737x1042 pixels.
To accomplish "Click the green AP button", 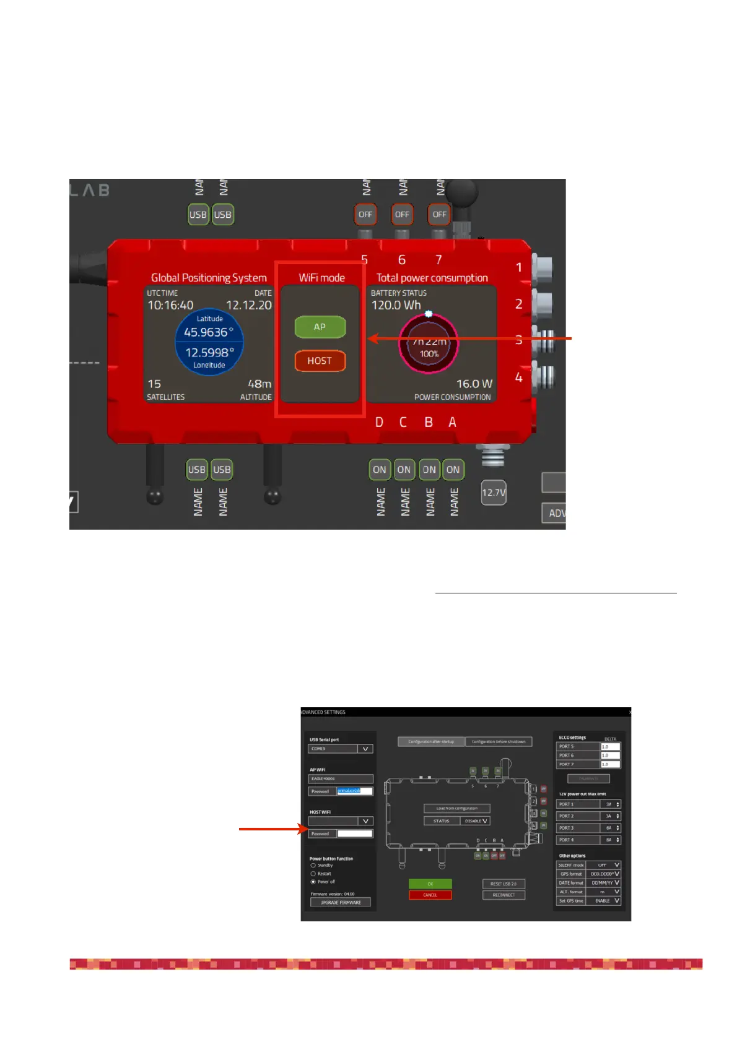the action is point(320,327).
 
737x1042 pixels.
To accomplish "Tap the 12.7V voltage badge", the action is point(494,493).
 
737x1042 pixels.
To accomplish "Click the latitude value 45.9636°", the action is point(209,332).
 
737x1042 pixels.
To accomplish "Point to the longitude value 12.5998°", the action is point(210,353).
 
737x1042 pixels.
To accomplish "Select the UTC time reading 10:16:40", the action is point(170,305).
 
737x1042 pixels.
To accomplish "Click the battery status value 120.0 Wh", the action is point(396,305).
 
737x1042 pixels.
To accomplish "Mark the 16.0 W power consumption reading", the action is point(474,384).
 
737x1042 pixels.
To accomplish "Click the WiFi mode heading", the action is point(321,278).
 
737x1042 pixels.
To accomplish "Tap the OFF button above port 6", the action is point(402,215).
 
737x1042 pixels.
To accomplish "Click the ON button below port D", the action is point(379,470).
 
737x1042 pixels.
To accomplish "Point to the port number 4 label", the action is point(518,377).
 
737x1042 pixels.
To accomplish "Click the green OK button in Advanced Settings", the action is point(430,884).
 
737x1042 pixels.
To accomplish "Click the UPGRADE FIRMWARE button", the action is point(340,902).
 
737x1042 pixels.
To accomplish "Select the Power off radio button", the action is point(313,882).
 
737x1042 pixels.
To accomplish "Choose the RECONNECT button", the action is point(504,895).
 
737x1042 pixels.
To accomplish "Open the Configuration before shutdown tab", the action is point(498,741).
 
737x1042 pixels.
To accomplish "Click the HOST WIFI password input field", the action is point(354,833).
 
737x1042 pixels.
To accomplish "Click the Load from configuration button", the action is point(456,808).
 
